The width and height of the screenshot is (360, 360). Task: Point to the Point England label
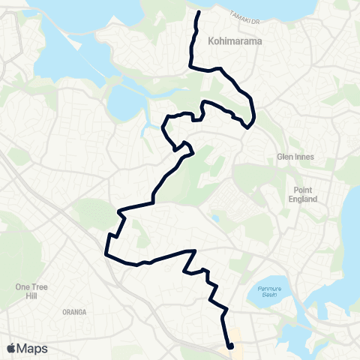click(x=306, y=194)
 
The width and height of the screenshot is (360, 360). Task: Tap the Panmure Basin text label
click(x=268, y=291)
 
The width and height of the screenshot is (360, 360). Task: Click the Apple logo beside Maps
click(x=11, y=349)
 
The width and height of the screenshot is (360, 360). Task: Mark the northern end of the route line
click(x=198, y=13)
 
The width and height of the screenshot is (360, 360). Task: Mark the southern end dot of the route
click(x=230, y=346)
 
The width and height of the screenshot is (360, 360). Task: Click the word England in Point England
click(x=306, y=199)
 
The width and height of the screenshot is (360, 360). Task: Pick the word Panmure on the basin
click(x=268, y=287)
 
